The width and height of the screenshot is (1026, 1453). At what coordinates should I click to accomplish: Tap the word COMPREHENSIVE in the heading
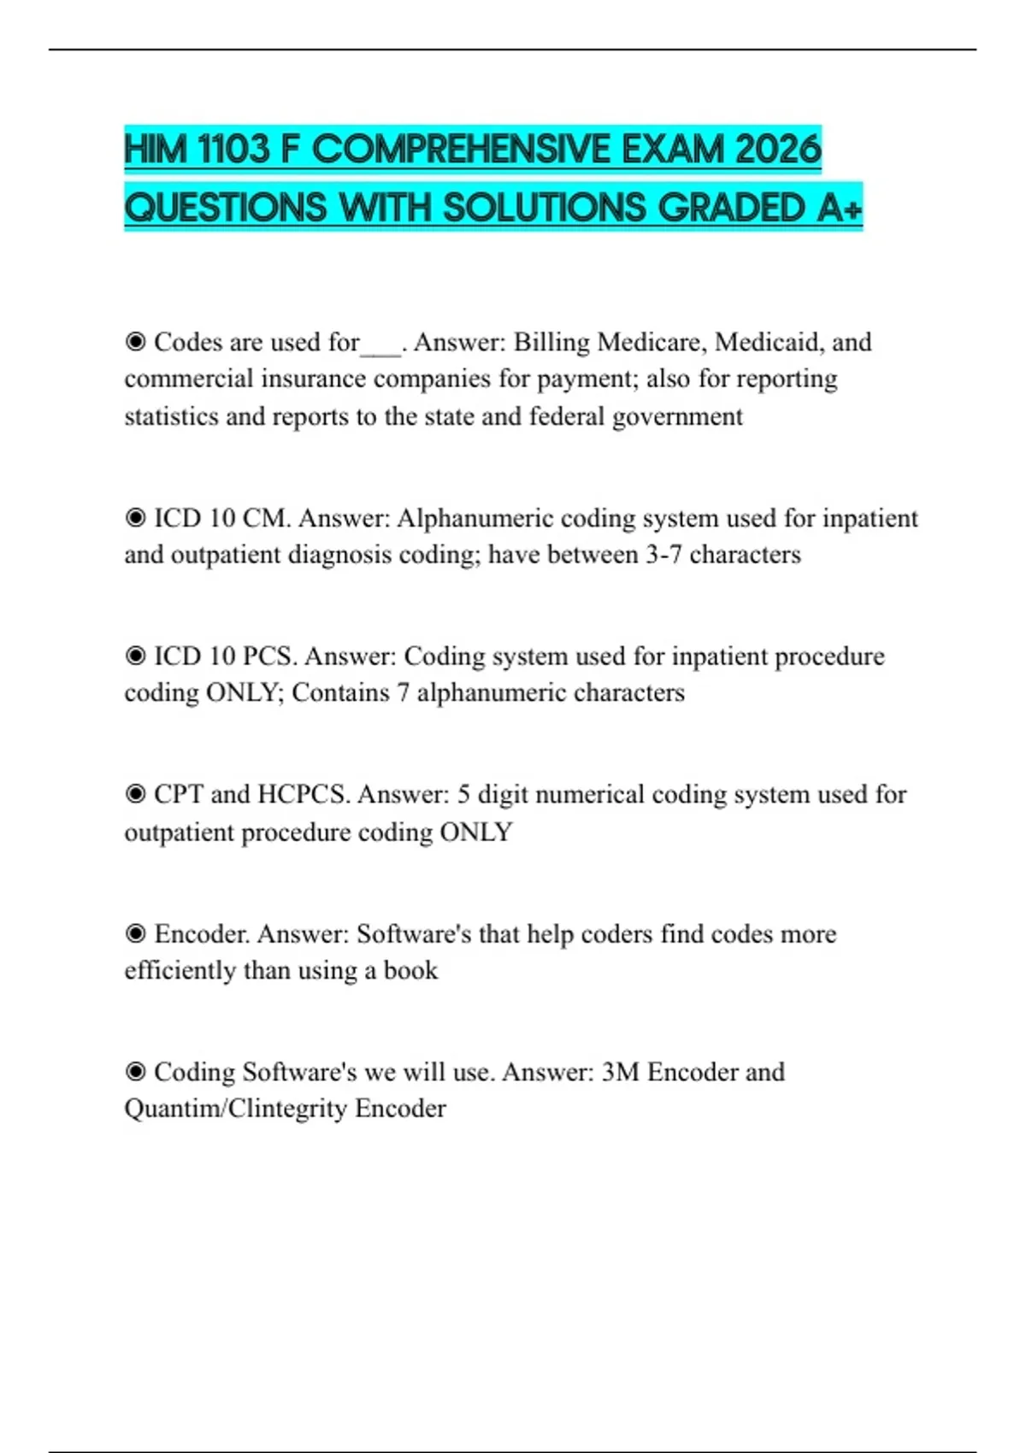click(462, 150)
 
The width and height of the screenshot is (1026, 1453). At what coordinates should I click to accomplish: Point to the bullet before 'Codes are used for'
click(135, 342)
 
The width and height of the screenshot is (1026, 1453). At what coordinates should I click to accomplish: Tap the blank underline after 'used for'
click(381, 349)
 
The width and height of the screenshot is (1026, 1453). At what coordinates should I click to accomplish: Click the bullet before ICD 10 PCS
click(135, 656)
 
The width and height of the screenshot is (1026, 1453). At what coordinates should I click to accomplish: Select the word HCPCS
click(304, 794)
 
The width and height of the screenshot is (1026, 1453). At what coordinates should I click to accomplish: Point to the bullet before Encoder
click(135, 933)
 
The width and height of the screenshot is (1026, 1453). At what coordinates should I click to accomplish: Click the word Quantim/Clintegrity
click(236, 1109)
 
